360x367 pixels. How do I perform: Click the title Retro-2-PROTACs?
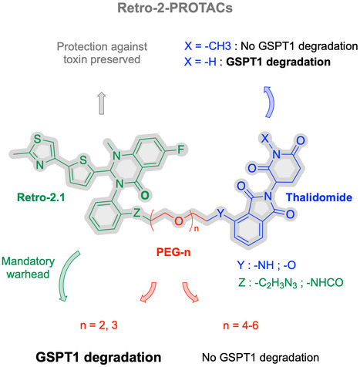175,8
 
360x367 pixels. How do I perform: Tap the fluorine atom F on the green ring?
181,150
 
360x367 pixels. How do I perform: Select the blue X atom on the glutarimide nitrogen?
264,139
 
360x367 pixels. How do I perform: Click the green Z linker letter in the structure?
136,213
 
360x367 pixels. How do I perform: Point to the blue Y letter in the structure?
220,213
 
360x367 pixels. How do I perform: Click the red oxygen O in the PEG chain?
178,221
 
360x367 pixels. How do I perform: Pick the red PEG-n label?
173,252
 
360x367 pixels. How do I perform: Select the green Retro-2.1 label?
41,197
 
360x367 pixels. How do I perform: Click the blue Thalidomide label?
319,197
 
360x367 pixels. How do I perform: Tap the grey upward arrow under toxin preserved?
102,103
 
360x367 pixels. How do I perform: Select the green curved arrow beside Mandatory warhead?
66,275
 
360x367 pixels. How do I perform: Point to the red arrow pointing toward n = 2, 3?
149,292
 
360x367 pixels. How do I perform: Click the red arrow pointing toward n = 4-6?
190,292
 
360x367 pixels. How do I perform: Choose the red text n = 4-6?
241,325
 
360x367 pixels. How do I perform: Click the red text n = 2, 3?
99,325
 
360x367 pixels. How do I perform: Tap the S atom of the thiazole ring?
38,139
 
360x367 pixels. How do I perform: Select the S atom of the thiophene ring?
83,160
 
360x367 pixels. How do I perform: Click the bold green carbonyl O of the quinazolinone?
145,196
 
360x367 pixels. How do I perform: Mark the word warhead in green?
28,274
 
